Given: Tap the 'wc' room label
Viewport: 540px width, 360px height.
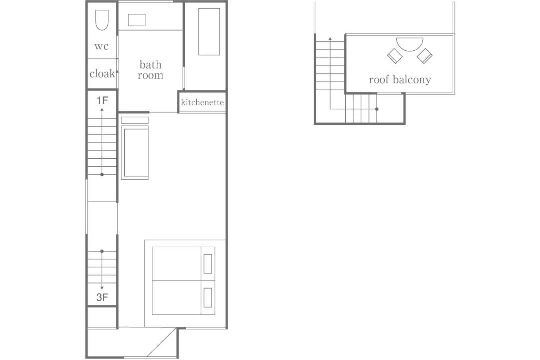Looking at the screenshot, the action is (x=101, y=46).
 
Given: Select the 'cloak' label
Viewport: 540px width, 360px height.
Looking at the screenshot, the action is (x=102, y=73).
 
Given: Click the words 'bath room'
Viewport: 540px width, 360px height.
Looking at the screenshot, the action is (x=150, y=70).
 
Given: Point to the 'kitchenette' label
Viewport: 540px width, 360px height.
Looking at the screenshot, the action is (x=202, y=102).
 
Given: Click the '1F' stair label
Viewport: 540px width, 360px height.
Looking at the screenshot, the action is (x=102, y=100).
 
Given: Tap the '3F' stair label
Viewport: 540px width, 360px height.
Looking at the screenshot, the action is (x=102, y=297).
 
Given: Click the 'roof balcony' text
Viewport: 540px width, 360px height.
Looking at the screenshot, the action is (x=400, y=80).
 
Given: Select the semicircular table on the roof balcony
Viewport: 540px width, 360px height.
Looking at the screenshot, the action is (x=410, y=44).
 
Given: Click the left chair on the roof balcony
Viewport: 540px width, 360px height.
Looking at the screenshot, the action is (x=395, y=56).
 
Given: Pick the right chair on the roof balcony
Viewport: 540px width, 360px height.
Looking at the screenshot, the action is (x=424, y=56).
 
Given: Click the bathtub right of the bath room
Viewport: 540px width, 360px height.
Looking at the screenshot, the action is (x=209, y=31).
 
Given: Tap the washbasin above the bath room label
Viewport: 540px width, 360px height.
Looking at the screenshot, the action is (x=136, y=20).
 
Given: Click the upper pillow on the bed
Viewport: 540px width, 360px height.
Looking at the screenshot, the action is (x=207, y=264).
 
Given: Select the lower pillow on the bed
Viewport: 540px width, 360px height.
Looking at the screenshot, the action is (x=207, y=297).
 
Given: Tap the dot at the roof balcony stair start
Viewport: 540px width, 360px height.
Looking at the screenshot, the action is (x=377, y=109).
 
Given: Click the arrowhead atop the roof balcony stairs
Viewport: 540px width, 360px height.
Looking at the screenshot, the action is (x=330, y=39).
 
